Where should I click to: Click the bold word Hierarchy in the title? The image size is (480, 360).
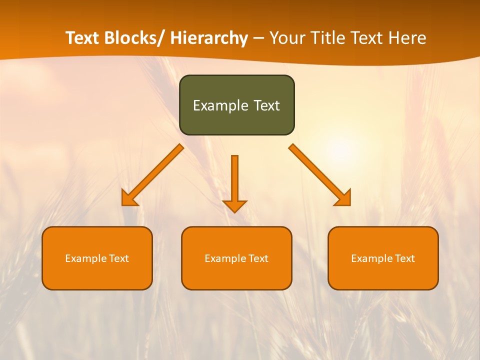[x=209, y=38]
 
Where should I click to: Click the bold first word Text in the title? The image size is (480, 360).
[x=82, y=38]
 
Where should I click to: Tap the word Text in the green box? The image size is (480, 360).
[x=266, y=105]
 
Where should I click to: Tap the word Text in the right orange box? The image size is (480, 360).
[x=404, y=258]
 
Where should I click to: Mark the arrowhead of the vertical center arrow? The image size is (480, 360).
[x=234, y=205]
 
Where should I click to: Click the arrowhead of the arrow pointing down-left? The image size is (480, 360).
[x=128, y=199]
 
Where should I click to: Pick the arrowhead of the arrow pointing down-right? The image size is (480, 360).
[x=344, y=199]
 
